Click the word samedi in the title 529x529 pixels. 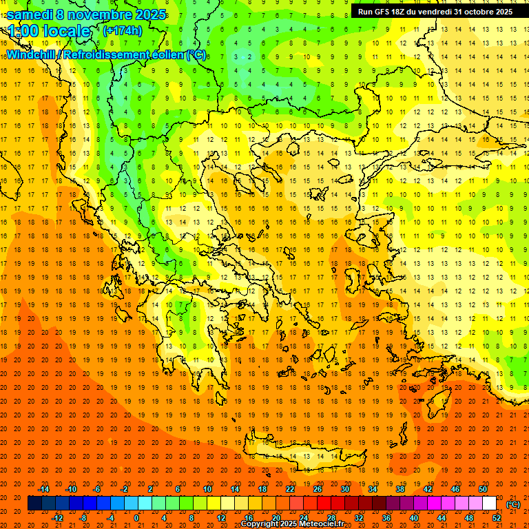click(x=30, y=14)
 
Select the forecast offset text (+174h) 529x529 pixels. click(x=122, y=31)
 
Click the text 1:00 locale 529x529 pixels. click(x=49, y=32)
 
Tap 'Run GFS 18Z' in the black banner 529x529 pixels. click(x=382, y=12)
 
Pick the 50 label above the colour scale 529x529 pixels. click(x=483, y=489)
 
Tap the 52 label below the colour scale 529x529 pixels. click(x=497, y=517)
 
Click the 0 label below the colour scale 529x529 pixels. click(x=136, y=517)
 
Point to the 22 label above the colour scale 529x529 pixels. click(x=290, y=489)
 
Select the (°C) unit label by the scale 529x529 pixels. click(x=513, y=504)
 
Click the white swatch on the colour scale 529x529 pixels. click(x=489, y=504)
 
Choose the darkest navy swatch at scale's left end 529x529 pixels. click(x=34, y=504)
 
